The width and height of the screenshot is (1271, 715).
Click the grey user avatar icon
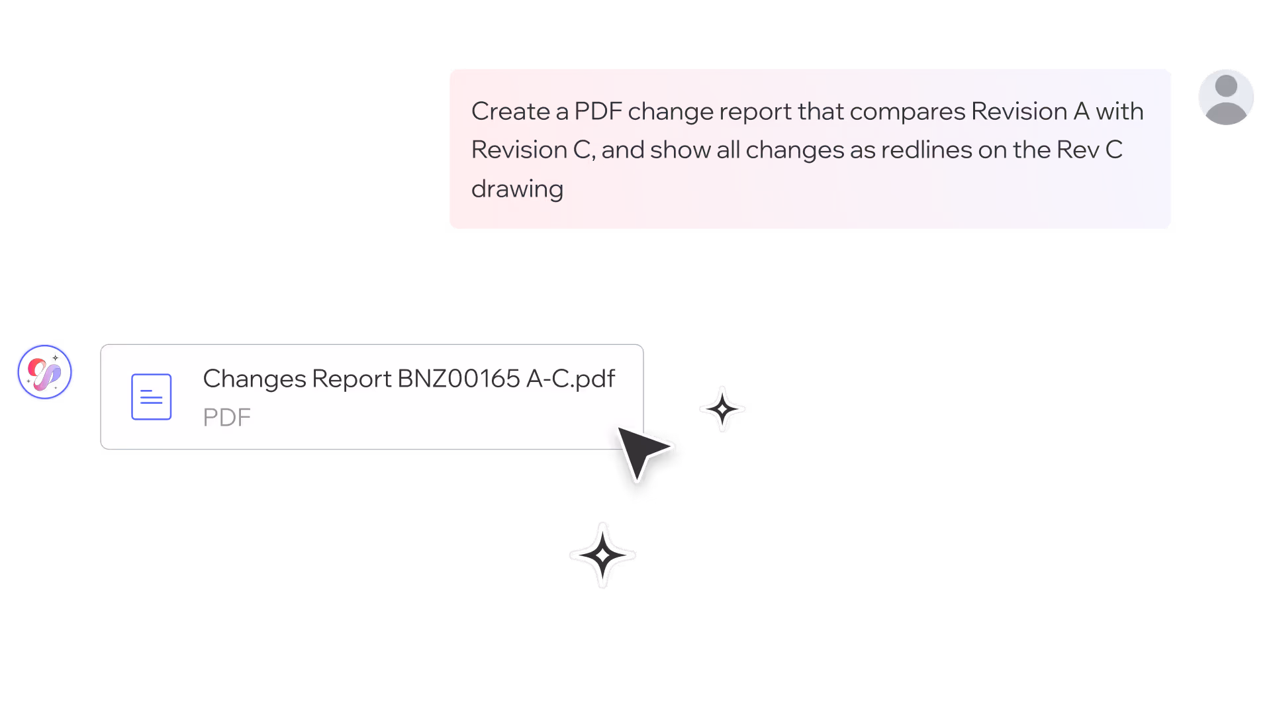pyautogui.click(x=1226, y=97)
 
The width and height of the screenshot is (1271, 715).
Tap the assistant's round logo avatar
pyautogui.click(x=44, y=372)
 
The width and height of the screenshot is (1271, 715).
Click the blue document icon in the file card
pyautogui.click(x=151, y=397)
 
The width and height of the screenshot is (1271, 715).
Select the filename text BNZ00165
pyautogui.click(x=458, y=379)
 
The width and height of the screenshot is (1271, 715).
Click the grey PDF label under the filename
pyautogui.click(x=226, y=418)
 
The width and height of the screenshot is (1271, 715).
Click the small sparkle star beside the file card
pyautogui.click(x=722, y=409)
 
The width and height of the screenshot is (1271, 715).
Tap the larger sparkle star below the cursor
pyautogui.click(x=602, y=555)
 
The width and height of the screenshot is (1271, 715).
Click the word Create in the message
pyautogui.click(x=510, y=111)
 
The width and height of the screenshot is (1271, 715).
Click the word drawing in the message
pyautogui.click(x=517, y=189)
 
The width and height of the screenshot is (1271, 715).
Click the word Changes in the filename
pyautogui.click(x=254, y=379)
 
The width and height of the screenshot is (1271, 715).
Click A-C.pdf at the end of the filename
pyautogui.click(x=571, y=379)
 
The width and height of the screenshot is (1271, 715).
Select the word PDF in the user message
pyautogui.click(x=598, y=111)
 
